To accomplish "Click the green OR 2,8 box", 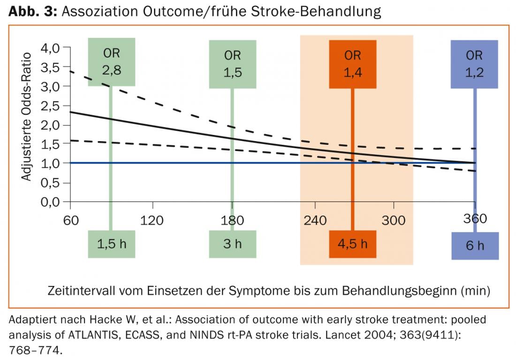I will click(111, 62).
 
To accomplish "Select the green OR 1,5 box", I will click(232, 64).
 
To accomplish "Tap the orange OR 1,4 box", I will click(353, 64).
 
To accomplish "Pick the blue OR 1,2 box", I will click(474, 64).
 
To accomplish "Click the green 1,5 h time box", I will click(111, 244).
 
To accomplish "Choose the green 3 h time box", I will click(232, 244).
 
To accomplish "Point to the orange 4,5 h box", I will click(353, 244).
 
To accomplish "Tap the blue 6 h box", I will click(474, 246).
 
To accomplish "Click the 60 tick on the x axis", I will click(70, 220).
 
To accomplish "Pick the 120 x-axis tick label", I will click(152, 220).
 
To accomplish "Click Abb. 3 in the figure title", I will click(32, 12).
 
